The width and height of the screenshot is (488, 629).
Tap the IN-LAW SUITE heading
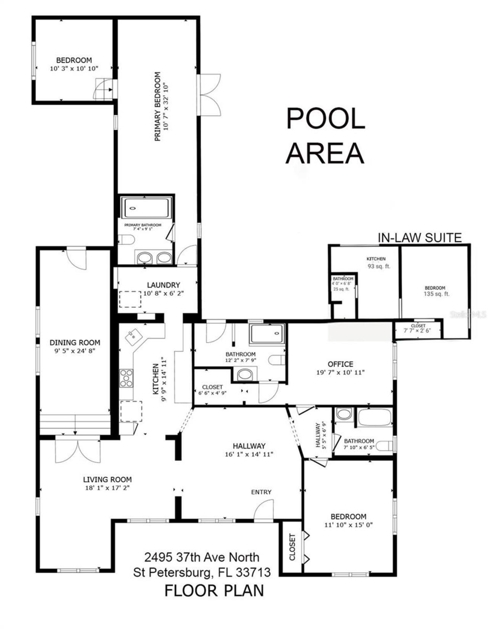(419, 238)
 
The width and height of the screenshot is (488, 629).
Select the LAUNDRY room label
(164, 285)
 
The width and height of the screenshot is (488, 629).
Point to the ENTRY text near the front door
(261, 492)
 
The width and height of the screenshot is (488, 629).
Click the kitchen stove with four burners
(126, 378)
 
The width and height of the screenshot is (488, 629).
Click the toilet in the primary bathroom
(126, 240)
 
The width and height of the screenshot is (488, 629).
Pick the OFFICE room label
(340, 364)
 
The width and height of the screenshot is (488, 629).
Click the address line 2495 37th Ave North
(202, 557)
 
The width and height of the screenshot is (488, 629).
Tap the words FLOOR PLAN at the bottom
(214, 590)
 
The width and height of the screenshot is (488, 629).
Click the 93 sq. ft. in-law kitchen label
(379, 266)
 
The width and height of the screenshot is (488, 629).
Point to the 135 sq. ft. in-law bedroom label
(436, 294)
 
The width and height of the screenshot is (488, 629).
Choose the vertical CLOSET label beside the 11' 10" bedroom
(292, 547)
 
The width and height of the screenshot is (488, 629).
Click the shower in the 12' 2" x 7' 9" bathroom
(267, 334)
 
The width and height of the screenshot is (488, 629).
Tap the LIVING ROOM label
(108, 480)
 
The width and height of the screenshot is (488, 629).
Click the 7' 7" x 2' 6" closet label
(418, 331)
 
